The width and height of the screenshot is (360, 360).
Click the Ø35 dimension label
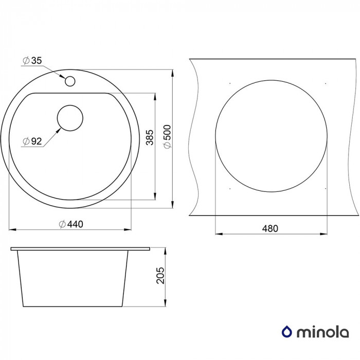point(32,61)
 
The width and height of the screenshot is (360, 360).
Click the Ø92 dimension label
point(32,141)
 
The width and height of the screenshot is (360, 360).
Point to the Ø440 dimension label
point(71,224)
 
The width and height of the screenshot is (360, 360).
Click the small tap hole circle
point(70,81)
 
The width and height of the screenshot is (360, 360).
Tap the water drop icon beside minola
point(287,332)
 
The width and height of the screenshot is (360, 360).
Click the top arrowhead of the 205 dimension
point(166,250)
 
